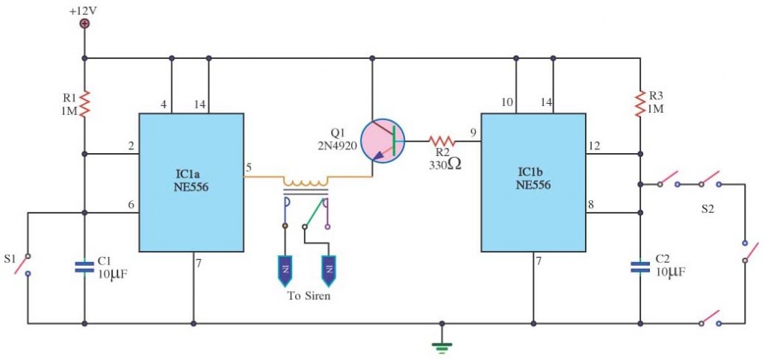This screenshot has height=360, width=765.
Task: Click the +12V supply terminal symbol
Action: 85,23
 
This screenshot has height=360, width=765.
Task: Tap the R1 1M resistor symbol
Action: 85,103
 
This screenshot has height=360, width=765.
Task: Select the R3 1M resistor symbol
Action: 640,103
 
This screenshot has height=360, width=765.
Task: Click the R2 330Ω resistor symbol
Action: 442,141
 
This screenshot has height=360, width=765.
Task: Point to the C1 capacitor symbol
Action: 85,267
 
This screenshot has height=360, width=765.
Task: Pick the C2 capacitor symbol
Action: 640,267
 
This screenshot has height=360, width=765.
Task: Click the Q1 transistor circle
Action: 382,141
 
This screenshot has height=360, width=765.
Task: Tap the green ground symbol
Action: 442,347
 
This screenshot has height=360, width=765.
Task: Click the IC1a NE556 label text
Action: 191,180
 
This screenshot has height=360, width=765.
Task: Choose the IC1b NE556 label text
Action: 533,179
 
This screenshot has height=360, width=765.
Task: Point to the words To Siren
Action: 309,296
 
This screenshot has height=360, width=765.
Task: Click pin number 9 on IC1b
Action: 473,131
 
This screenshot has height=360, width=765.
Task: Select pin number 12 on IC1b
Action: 595,146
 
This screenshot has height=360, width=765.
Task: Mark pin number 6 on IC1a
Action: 131,205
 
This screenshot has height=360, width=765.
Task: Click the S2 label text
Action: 707,210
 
